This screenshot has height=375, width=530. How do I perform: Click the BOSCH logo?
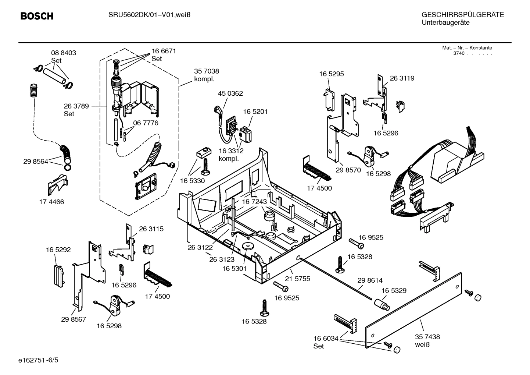pyautogui.click(x=37, y=16)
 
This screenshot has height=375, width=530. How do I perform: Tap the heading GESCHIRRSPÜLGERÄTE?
pyautogui.click(x=462, y=15)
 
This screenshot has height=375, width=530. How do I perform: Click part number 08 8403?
pyautogui.click(x=64, y=53)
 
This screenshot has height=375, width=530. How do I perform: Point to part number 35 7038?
pyautogui.click(x=206, y=71)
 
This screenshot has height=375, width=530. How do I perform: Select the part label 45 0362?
pyautogui.click(x=230, y=93)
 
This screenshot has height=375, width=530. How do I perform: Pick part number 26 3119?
pyautogui.click(x=402, y=78)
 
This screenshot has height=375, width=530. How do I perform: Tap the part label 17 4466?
pyautogui.click(x=51, y=202)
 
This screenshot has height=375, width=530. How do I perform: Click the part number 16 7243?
pyautogui.click(x=254, y=202)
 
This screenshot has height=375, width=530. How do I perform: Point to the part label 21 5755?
pyautogui.click(x=298, y=279)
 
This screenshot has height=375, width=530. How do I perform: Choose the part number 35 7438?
pyautogui.click(x=427, y=337)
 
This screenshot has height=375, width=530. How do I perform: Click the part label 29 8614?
pyautogui.click(x=370, y=280)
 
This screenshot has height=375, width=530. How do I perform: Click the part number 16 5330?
pyautogui.click(x=192, y=181)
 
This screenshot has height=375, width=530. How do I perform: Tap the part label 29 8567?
pyautogui.click(x=74, y=319)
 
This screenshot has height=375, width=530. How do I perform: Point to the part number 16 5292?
pyautogui.click(x=58, y=250)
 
